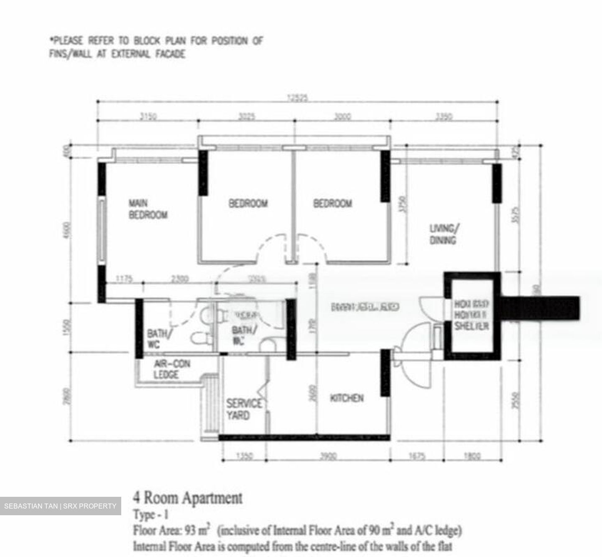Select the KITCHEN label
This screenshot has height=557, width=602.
tap(347, 398)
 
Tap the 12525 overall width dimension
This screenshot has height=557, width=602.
tap(297, 97)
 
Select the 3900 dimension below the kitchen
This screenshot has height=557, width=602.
tap(328, 457)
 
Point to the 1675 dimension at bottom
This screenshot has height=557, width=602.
tap(416, 457)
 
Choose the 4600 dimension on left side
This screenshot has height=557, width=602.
tap(69, 229)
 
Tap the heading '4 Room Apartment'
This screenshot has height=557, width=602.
tap(187, 498)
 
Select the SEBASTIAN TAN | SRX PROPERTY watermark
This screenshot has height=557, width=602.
tap(60, 506)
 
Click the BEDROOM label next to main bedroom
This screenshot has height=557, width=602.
tap(248, 203)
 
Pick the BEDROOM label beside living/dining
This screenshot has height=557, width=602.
tap(333, 203)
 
